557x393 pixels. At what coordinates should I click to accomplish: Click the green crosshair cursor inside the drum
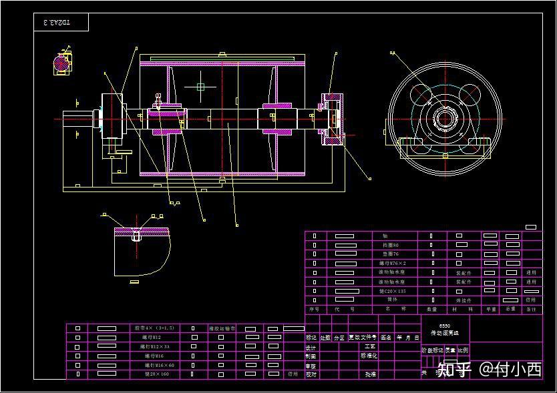(201, 86)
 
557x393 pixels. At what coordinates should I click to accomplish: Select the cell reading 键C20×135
(392, 291)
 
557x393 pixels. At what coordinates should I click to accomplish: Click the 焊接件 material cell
(463, 300)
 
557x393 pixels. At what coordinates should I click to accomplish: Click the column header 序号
(314, 309)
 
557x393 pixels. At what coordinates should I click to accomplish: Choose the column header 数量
(431, 309)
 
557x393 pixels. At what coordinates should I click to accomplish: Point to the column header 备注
(531, 309)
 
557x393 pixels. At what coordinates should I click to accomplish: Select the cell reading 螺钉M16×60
(157, 365)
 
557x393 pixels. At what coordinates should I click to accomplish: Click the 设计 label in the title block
(311, 347)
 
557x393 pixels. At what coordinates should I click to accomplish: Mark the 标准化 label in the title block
(369, 356)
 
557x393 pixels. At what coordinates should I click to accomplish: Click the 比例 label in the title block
(463, 350)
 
